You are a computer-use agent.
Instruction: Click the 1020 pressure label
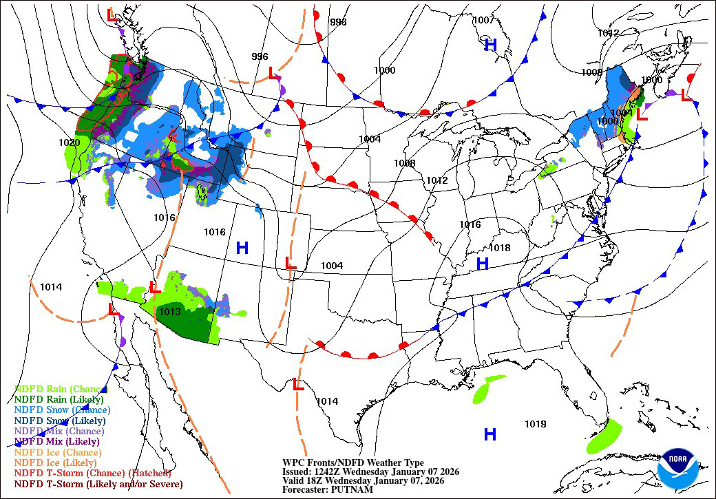pos(70,142)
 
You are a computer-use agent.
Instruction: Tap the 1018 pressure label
pos(500,248)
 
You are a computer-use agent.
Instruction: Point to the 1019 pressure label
pos(535,424)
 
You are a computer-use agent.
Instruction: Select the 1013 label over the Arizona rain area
pos(169,312)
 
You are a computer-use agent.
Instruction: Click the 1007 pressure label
pos(483,20)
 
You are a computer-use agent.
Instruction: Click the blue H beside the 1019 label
pos(490,434)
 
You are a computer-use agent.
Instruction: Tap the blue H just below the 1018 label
pos(483,264)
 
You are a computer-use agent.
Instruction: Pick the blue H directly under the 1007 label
pos(490,45)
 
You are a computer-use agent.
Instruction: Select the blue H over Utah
pos(242,248)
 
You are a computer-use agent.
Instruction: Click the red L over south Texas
pos(298,385)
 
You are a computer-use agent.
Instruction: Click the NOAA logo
pos(677,469)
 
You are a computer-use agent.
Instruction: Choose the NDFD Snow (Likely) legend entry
pos(60,421)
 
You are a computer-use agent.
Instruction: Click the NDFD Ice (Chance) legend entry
pos(58,452)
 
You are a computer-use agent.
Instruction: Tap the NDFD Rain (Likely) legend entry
pos(59,399)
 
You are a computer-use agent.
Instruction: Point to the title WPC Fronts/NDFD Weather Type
pos(353,463)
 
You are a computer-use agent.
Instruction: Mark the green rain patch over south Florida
pos(604,436)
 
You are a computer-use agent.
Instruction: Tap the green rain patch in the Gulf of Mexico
pos(488,390)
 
